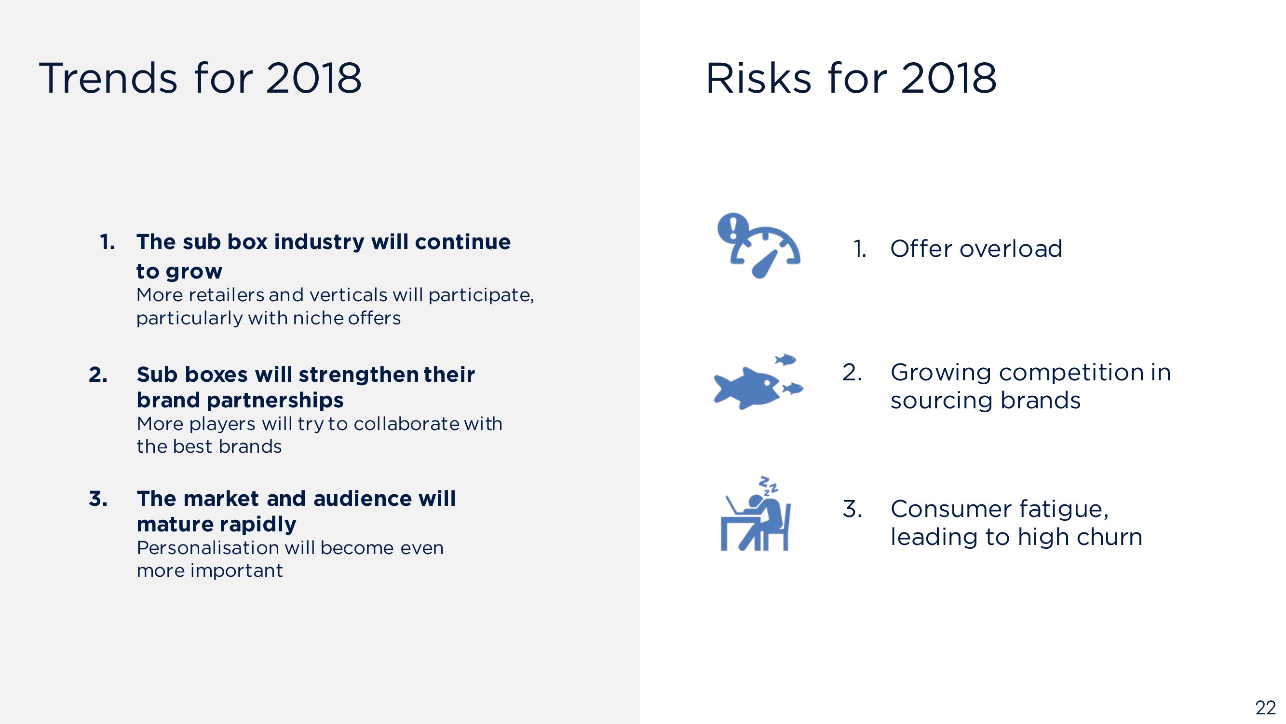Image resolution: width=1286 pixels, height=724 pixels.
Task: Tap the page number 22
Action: point(1266,708)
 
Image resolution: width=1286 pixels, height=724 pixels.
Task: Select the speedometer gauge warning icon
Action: point(759,246)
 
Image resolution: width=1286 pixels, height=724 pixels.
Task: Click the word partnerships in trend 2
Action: point(275,401)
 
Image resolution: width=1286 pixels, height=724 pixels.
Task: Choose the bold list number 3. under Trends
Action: point(98,499)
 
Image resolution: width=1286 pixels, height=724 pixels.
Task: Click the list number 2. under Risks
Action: point(852,372)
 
